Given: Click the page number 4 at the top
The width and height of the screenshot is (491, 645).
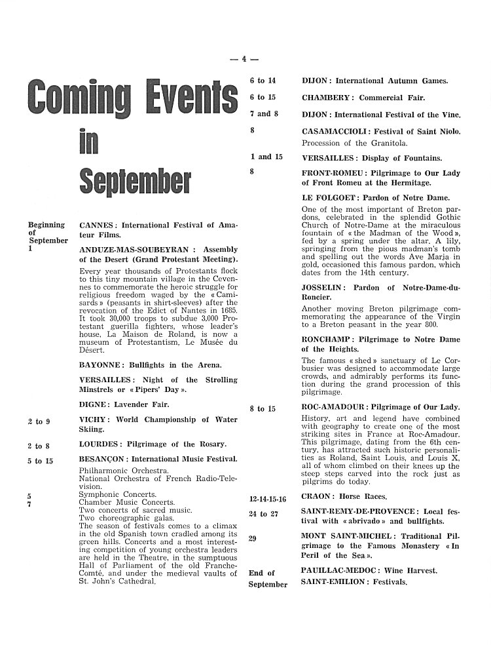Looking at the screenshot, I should click(243, 59).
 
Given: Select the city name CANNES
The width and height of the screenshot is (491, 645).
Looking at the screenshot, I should click(98, 225).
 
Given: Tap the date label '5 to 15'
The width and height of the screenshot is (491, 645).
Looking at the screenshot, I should click(40, 461).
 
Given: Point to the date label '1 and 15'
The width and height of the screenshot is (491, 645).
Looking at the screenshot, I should click(266, 157).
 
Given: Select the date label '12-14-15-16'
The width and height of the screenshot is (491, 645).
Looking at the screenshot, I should click(268, 498).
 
